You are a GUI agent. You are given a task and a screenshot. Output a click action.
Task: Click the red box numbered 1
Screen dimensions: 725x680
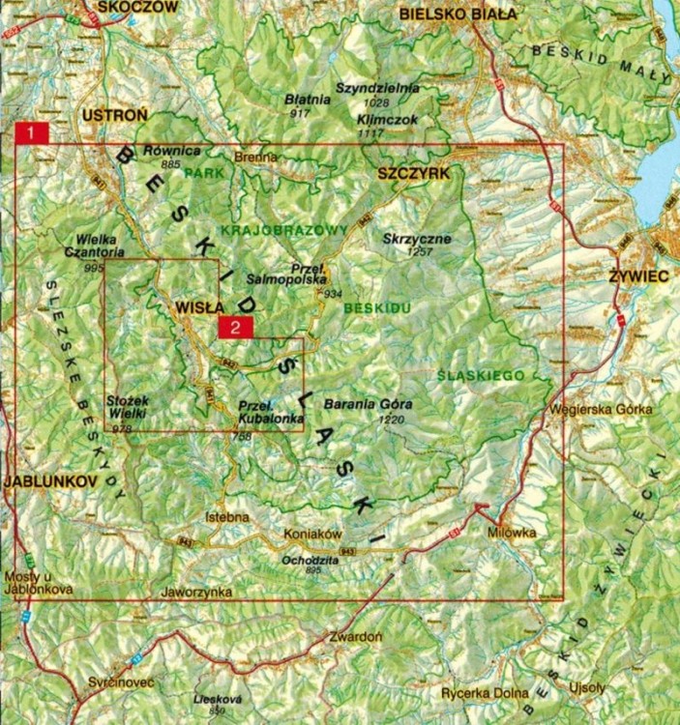pyautogui.click(x=33, y=134)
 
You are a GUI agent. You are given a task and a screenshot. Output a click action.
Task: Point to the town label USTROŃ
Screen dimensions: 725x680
pyautogui.click(x=115, y=115)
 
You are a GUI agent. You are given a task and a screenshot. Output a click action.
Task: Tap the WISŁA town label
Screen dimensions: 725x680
pyautogui.click(x=200, y=307)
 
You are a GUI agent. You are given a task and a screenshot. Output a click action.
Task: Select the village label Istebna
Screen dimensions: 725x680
pyautogui.click(x=228, y=518)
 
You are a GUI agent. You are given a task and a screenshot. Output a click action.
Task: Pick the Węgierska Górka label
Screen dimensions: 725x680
pyautogui.click(x=600, y=409)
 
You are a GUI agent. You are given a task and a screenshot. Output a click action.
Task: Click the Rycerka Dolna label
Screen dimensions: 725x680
pyautogui.click(x=485, y=693)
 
